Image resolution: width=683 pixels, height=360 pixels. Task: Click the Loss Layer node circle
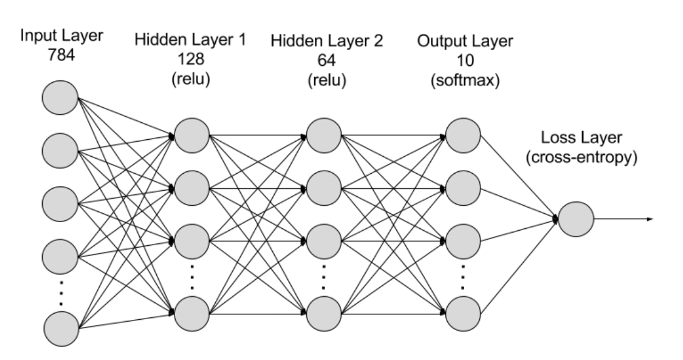(x=576, y=220)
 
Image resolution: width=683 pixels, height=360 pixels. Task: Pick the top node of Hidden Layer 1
(x=193, y=134)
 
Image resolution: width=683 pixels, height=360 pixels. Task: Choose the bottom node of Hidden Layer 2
(x=324, y=309)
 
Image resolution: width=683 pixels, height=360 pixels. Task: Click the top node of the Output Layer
(x=463, y=134)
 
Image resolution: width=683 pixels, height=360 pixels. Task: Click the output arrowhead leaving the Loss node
(x=652, y=220)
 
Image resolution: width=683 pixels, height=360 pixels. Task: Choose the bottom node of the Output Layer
(x=463, y=309)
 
